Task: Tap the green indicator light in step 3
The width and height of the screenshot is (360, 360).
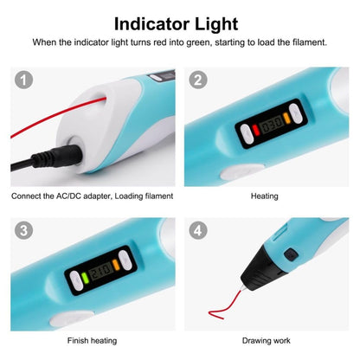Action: tap(87, 280)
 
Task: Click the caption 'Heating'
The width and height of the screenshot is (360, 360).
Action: tap(264, 196)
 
